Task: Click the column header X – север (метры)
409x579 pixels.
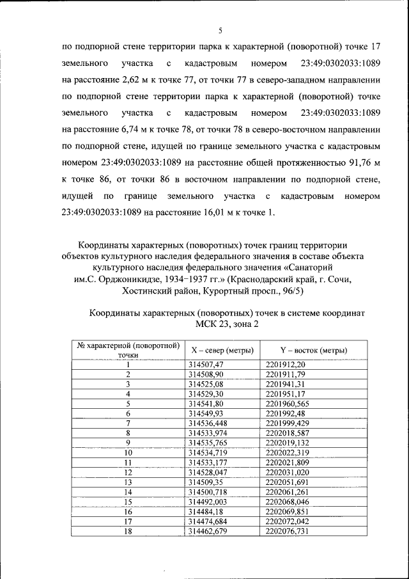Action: click(222, 350)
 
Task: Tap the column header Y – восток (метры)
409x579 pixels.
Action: click(313, 350)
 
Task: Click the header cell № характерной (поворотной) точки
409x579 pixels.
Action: click(128, 350)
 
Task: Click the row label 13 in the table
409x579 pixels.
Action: click(128, 482)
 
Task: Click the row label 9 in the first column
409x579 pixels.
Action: click(128, 442)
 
